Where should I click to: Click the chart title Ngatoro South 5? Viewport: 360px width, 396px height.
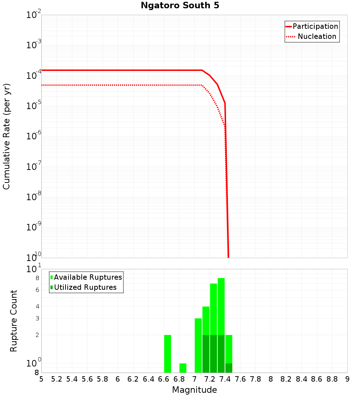tap(180, 5)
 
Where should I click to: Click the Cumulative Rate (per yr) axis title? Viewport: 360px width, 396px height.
tap(6, 136)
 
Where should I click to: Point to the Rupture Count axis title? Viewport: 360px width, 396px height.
tap(14, 320)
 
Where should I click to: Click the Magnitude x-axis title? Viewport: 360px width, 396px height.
tap(194, 390)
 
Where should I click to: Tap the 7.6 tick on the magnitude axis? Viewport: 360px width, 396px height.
tap(240, 379)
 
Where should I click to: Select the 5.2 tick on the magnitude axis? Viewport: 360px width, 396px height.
tap(57, 379)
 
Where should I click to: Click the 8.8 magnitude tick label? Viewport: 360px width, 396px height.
tap(332, 379)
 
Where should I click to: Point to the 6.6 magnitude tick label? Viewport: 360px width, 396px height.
tap(164, 379)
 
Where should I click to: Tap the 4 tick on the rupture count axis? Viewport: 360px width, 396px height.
tap(37, 306)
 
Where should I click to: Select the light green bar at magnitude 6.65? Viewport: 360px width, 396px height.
tap(167, 354)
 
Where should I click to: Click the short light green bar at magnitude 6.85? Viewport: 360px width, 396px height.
tap(183, 368)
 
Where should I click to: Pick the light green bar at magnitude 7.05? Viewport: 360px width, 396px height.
tap(198, 345)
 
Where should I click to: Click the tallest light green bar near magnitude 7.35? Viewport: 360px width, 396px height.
tap(221, 306)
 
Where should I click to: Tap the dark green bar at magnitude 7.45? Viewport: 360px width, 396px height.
tap(229, 368)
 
